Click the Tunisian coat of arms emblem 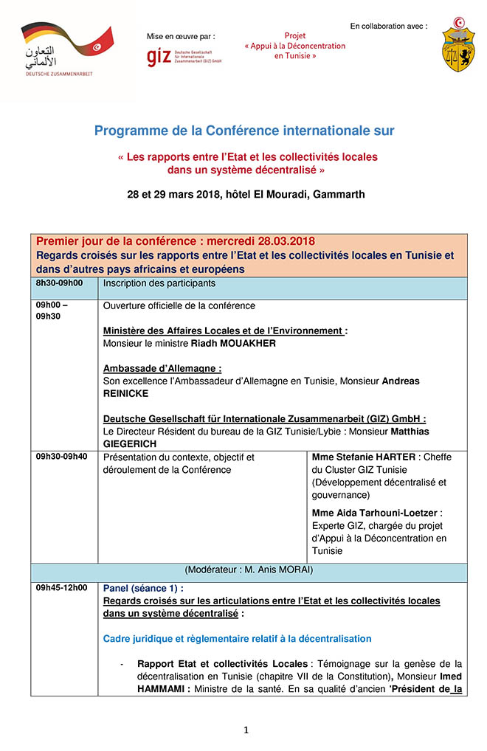[458, 45]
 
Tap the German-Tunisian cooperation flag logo [66, 49]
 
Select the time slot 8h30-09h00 [60, 283]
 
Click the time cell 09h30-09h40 [61, 457]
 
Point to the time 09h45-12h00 [61, 588]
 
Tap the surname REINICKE [125, 393]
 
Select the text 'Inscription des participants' [159, 283]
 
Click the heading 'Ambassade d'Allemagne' [162, 368]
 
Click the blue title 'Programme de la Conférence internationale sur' [244, 131]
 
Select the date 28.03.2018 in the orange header [282, 241]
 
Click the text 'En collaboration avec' [388, 26]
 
